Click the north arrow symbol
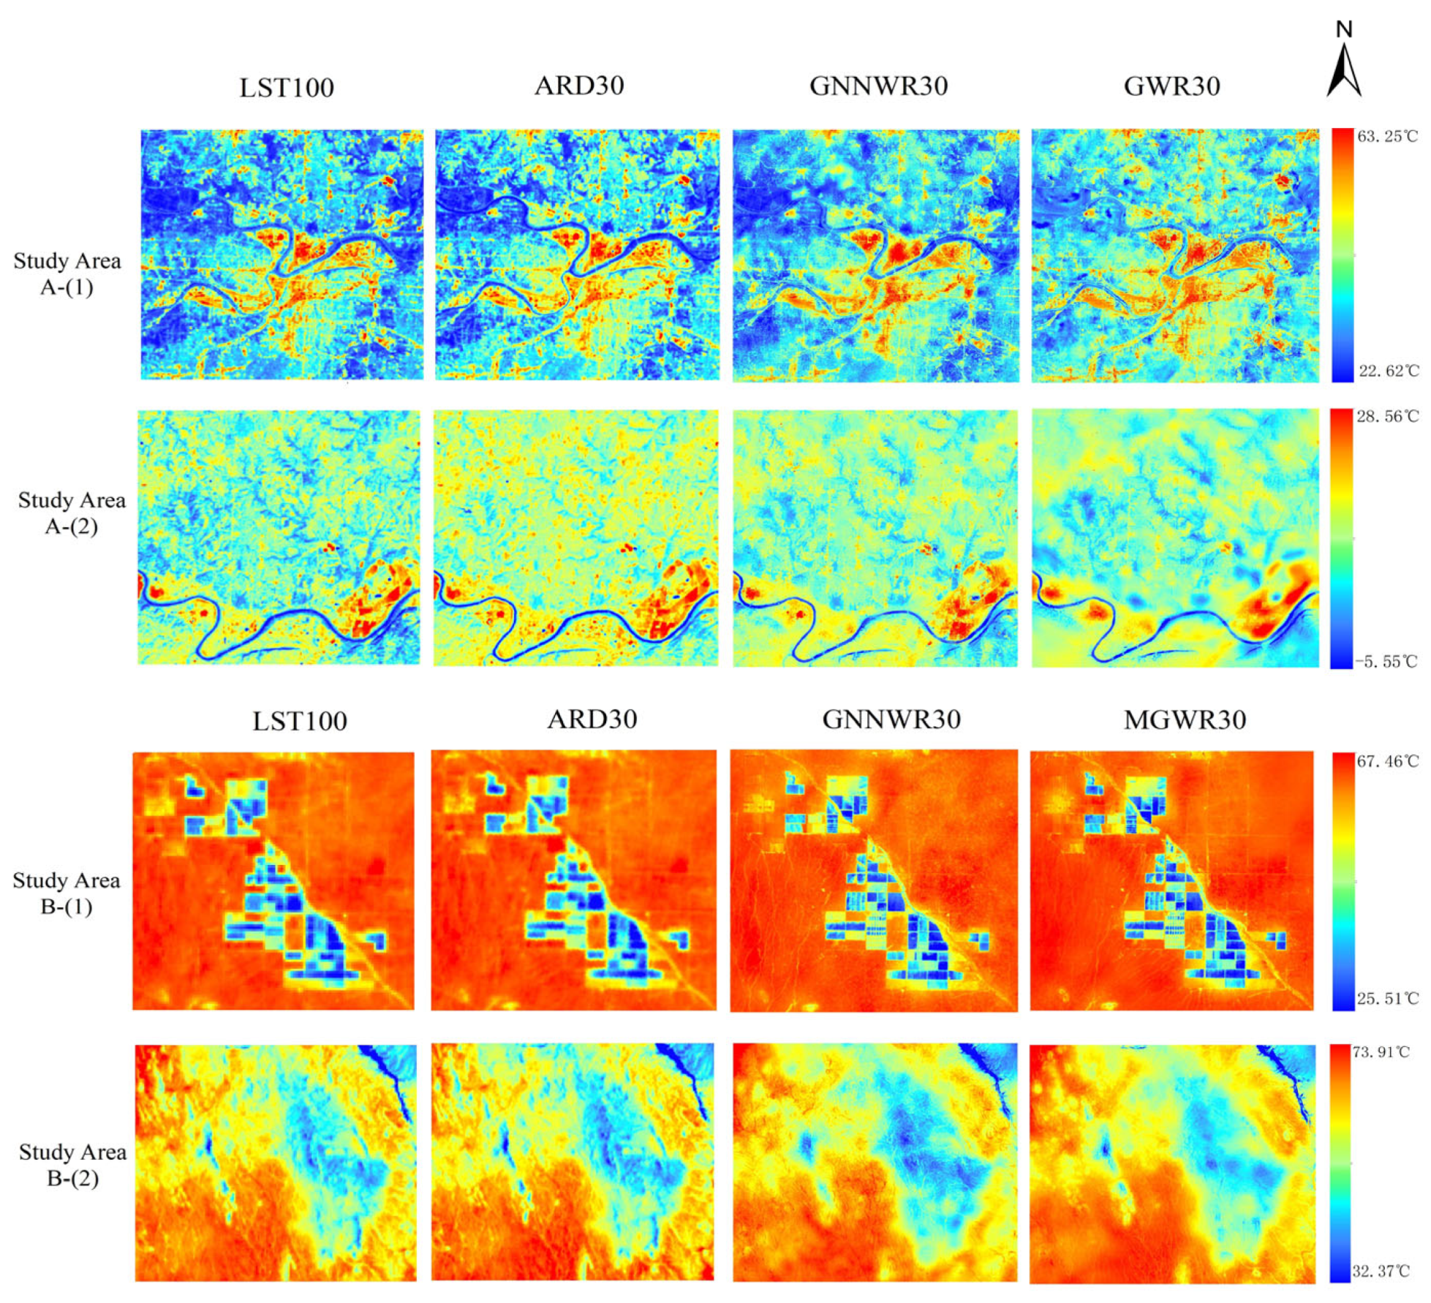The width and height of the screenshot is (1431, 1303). point(1343,62)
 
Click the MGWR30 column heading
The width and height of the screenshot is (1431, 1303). point(1185,720)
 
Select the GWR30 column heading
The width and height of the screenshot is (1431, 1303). point(1171,86)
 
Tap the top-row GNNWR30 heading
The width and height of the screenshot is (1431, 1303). point(878,86)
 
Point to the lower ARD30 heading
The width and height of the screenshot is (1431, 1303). point(592,720)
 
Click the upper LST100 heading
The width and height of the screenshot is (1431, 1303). point(287,88)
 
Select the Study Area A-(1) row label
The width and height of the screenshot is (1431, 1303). point(67,274)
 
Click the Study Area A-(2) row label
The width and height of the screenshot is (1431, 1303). point(71,513)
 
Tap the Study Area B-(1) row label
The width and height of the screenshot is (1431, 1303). point(66,894)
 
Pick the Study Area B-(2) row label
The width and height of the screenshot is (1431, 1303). point(72,1165)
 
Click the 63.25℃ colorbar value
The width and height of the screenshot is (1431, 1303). point(1387,137)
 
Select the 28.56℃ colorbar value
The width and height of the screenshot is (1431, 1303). point(1387,417)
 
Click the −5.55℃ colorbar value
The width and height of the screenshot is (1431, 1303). point(1386,662)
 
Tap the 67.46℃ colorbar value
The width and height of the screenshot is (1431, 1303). point(1387,761)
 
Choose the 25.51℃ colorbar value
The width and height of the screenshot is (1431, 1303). point(1387,999)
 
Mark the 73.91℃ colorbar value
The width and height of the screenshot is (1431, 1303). point(1382,1052)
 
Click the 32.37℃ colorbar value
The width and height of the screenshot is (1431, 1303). point(1380,1272)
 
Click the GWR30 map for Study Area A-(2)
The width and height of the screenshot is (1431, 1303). point(1174,538)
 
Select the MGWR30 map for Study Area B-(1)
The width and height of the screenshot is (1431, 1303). point(1171,880)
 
